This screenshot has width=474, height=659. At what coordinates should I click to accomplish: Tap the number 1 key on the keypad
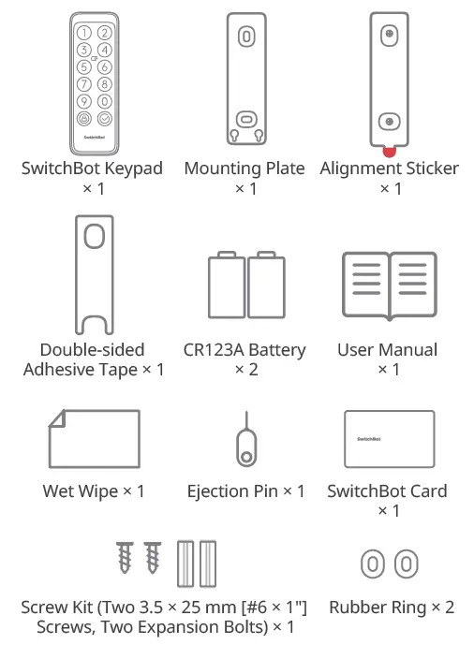(x=84, y=34)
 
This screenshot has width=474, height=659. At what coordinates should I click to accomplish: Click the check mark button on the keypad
(x=104, y=119)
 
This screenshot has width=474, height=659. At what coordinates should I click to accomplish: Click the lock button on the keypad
(x=84, y=119)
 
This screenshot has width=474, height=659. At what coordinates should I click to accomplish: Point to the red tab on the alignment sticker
(x=388, y=150)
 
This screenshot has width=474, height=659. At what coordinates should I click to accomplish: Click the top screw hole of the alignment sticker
(x=388, y=34)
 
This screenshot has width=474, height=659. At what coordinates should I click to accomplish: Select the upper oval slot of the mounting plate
(x=245, y=37)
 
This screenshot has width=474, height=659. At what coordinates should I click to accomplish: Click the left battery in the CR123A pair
(x=226, y=286)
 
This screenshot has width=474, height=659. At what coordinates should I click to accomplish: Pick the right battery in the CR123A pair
(x=267, y=286)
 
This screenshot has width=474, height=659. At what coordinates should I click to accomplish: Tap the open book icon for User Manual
(x=388, y=287)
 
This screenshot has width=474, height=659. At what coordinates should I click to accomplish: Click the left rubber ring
(x=373, y=564)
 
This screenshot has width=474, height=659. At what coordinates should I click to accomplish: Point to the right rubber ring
(x=405, y=564)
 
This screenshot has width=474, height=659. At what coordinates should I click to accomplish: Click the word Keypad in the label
(x=130, y=169)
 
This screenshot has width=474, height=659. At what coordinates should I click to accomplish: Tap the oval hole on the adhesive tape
(x=94, y=236)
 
